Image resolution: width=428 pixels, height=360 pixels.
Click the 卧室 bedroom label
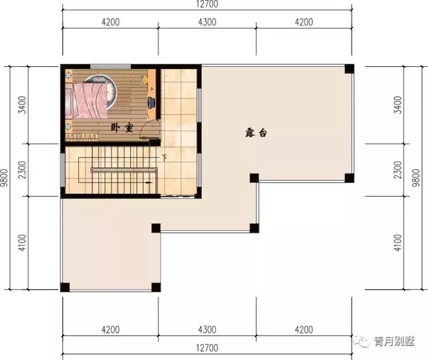click(x=122, y=128)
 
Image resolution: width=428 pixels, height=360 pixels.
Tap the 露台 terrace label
click(x=255, y=132)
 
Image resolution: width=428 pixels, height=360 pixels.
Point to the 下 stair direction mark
click(x=165, y=158)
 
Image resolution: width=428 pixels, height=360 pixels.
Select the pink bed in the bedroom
click(x=86, y=101)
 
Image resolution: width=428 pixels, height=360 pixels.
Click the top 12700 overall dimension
click(x=207, y=4)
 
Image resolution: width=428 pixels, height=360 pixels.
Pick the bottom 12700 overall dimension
click(x=207, y=348)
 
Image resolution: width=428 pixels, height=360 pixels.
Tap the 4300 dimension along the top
click(x=207, y=22)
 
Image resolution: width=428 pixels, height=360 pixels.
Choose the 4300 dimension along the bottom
click(x=207, y=330)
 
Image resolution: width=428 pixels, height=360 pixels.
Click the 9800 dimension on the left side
click(x=5, y=177)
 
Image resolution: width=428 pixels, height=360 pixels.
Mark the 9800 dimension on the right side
click(x=416, y=177)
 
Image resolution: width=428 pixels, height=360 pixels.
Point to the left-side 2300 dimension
click(x=22, y=170)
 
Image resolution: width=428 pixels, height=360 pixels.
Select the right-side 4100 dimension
click(x=398, y=243)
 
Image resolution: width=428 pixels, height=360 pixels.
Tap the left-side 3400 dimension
click(x=22, y=105)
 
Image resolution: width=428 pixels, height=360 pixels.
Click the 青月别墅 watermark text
click(x=395, y=341)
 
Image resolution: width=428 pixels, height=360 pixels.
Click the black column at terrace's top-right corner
click(x=349, y=69)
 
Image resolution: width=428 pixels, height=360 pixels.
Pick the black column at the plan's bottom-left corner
click(x=65, y=287)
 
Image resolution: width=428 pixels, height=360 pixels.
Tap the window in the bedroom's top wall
click(x=110, y=66)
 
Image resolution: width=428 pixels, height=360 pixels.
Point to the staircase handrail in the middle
click(x=124, y=170)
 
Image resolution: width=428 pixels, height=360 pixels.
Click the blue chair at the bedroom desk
click(x=151, y=102)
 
